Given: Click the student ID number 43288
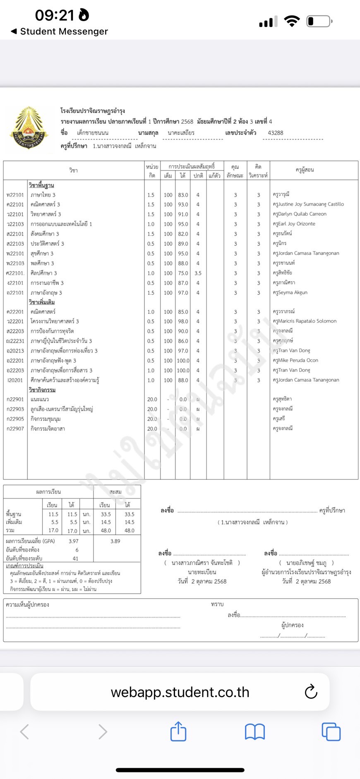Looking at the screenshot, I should coord(276,133).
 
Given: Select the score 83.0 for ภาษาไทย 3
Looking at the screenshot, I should coord(183,195).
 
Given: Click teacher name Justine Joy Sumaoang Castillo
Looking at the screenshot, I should coord(308,204).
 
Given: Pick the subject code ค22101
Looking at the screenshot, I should coord(15,204).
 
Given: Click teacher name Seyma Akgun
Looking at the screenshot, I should coord(290,292).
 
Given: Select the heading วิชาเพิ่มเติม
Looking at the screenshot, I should coord(42,303).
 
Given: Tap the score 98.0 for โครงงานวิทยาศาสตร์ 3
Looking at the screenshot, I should coord(183,321).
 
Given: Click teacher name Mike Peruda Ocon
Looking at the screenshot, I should coord(295,360).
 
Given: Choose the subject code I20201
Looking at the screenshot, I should coord(15,380).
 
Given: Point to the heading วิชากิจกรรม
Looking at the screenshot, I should coord(42,390).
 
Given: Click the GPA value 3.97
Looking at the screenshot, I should coord(74,541).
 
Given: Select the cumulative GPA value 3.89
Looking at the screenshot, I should coord(115,541).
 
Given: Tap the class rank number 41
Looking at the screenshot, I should coord(75,558).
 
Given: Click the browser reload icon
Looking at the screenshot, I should coord(311,692).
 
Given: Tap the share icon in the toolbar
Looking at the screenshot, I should coord(178,731).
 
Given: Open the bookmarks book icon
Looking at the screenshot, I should coord(254,731).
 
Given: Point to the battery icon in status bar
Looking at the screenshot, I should coord(319,21).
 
